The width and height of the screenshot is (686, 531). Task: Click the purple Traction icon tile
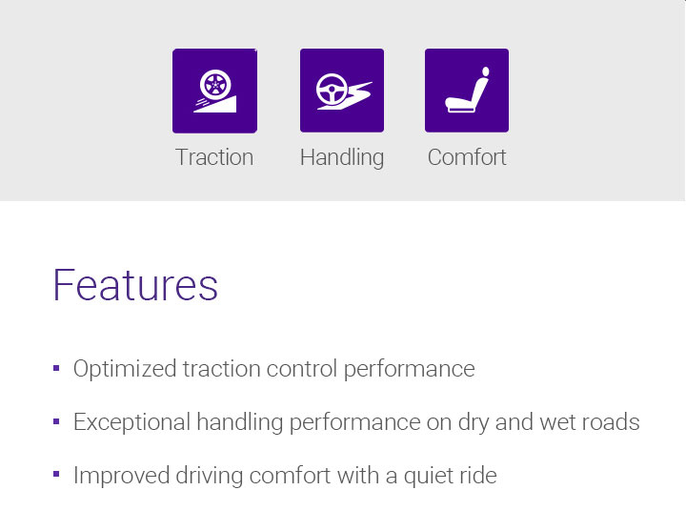pos(214,91)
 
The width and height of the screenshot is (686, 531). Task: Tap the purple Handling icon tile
pos(342,91)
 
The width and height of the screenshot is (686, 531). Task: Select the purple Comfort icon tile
pos(467,91)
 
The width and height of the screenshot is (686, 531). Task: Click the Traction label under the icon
pos(214,157)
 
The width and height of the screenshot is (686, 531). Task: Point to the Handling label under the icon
pos(342,157)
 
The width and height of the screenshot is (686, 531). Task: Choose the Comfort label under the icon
pos(467,157)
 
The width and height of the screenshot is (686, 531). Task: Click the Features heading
pos(135,285)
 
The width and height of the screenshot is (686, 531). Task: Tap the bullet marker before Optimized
pos(56,367)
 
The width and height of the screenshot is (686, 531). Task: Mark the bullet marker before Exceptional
pos(56,420)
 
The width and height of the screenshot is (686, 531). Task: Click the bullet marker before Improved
pos(56,474)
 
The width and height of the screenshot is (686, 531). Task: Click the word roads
pos(613,421)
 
